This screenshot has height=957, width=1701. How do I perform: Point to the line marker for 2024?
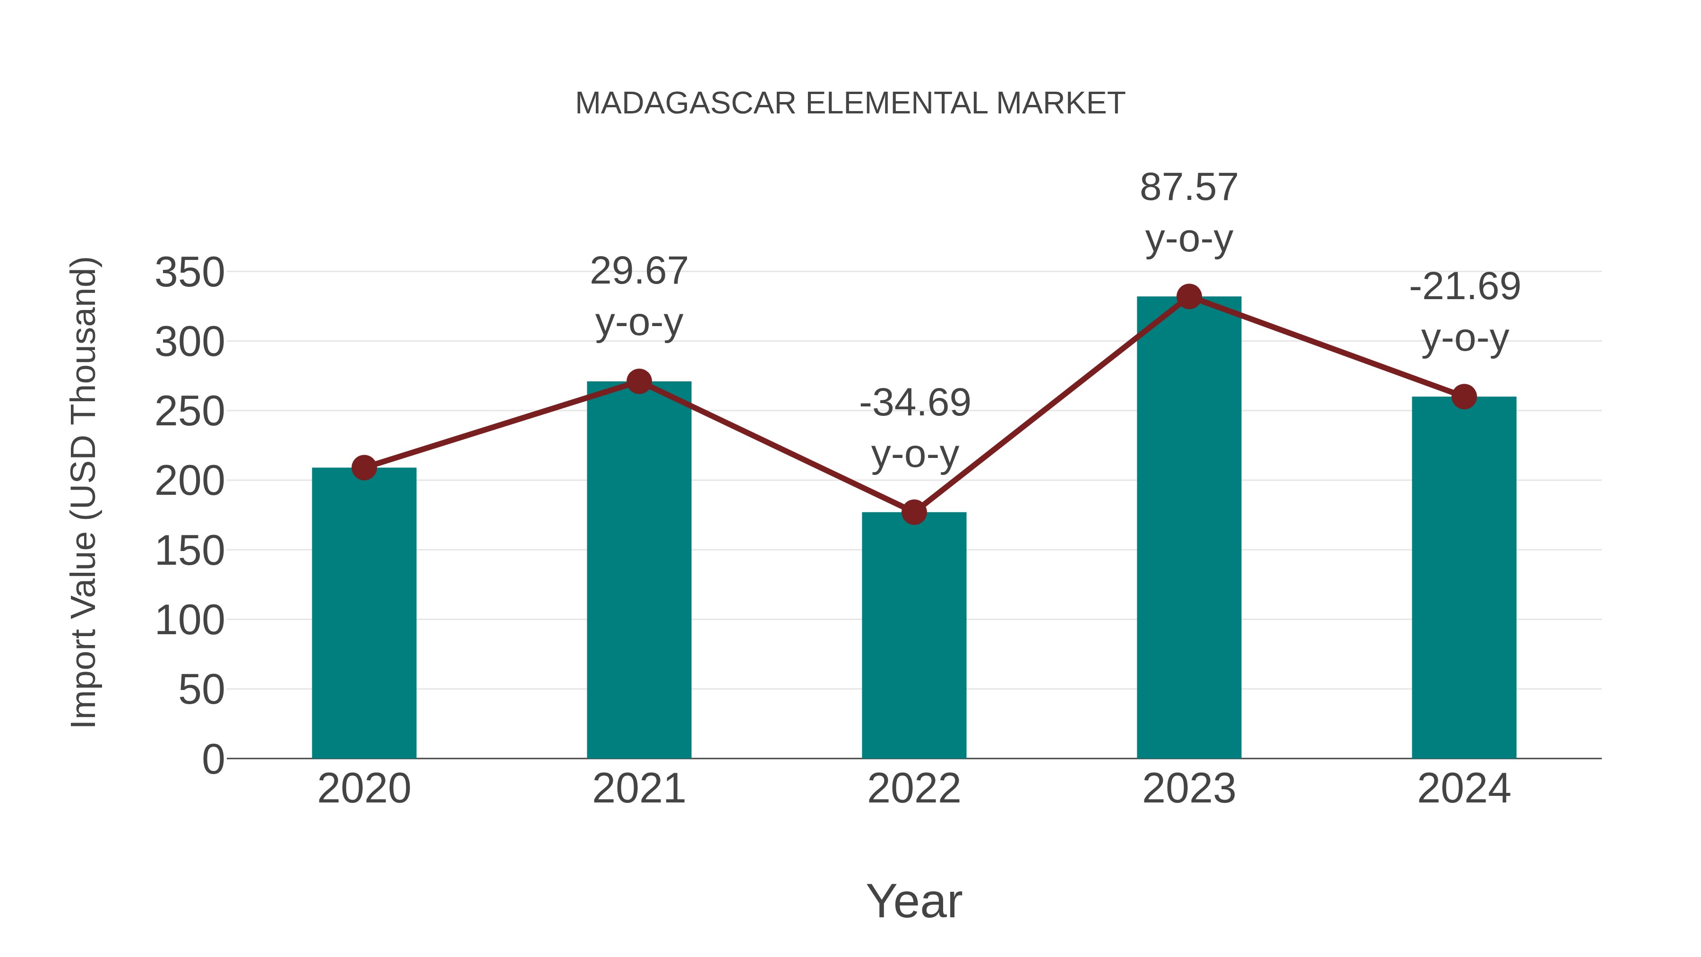pos(1464,397)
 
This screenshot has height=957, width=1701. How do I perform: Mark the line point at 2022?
pos(914,512)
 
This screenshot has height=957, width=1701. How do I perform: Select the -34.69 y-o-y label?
pos(915,428)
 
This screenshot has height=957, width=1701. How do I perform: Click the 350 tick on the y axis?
pos(189,272)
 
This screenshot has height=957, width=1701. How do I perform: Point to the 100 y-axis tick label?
pos(189,621)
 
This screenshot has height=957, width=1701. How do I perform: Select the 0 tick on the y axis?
pos(213,759)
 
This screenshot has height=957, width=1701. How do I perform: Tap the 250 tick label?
pos(189,412)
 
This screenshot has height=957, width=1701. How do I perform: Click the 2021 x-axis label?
pos(638,789)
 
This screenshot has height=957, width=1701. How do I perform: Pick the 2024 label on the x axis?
pos(1464,789)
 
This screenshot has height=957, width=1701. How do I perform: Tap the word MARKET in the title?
pos(1060,103)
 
